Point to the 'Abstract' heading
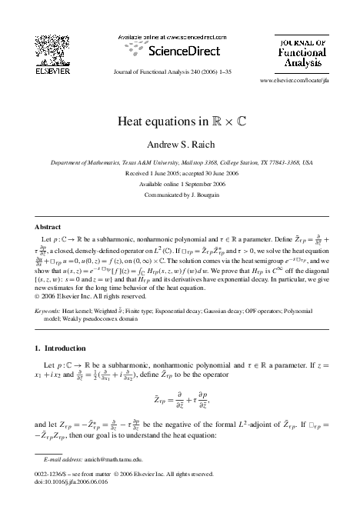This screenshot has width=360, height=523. click(x=48, y=228)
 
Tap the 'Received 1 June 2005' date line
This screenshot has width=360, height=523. click(x=179, y=174)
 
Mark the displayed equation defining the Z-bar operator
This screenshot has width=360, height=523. click(x=181, y=401)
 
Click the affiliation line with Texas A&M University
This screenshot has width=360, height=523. click(x=179, y=163)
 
